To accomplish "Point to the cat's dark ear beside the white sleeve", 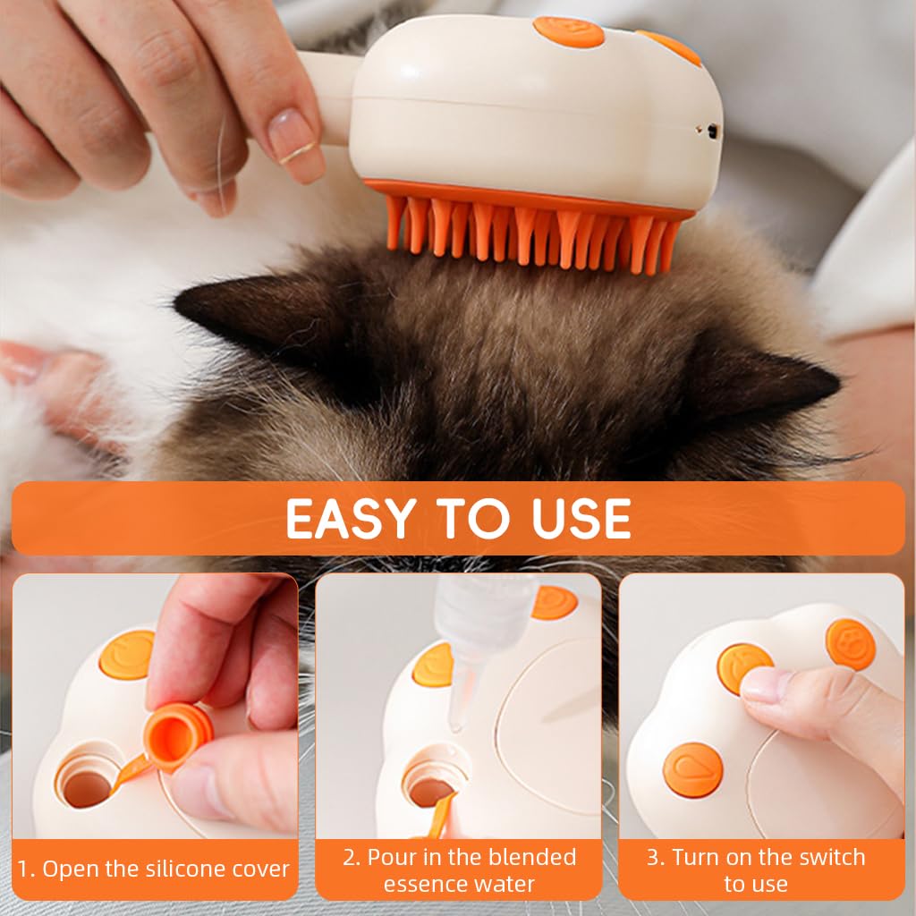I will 769,380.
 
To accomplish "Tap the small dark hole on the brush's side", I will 712,131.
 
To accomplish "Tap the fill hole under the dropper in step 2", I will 430,786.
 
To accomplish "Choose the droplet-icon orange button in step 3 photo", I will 692,770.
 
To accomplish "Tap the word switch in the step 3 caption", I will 831,858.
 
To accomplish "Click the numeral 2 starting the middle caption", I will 350,858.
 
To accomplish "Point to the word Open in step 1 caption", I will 68,869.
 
